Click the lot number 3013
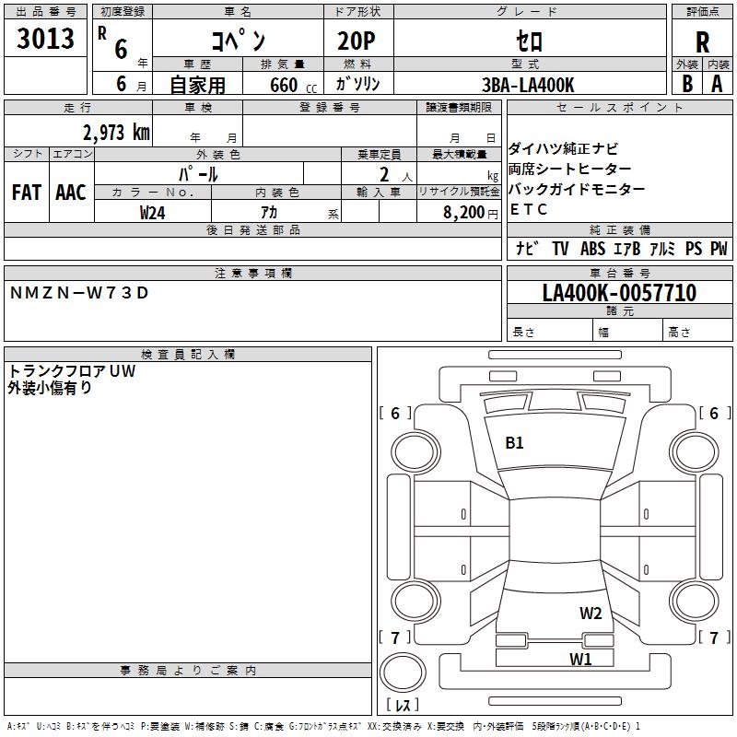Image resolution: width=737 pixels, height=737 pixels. click(45, 39)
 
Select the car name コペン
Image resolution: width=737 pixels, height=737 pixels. click(239, 41)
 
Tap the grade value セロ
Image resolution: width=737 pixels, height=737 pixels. click(528, 41)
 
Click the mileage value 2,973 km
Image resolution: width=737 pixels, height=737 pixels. click(114, 132)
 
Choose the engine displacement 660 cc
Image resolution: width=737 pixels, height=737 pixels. click(276, 85)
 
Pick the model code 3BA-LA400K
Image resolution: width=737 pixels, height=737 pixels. click(529, 85)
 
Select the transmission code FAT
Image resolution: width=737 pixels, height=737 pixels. click(27, 192)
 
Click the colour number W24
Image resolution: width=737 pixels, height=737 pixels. click(153, 212)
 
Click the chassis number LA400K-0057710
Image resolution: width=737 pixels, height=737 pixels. click(619, 293)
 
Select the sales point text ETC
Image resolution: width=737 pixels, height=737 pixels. click(529, 209)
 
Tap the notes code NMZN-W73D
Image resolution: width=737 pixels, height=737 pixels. click(78, 293)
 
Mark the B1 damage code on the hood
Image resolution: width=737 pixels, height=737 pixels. click(514, 443)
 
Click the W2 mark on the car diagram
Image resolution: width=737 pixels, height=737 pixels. click(591, 614)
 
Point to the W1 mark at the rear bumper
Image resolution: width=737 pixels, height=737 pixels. click(579, 659)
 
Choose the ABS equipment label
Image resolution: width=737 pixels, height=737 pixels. click(592, 249)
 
